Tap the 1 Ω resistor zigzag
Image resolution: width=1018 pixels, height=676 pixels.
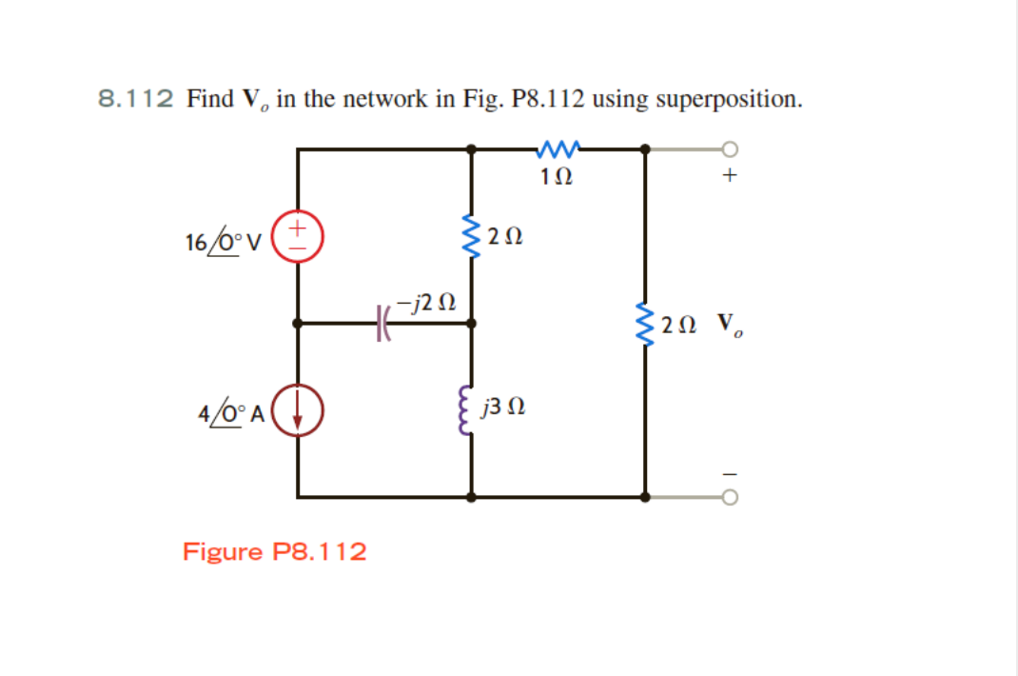tap(557, 149)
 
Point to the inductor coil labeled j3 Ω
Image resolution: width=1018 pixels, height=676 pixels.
tap(470, 410)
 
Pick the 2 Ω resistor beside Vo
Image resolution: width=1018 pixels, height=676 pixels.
tap(646, 324)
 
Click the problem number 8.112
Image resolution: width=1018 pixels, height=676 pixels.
tap(136, 99)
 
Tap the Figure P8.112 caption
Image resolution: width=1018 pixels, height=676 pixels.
tap(275, 551)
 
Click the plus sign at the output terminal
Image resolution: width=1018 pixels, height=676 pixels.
tap(731, 176)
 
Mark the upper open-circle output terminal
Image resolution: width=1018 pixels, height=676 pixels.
tap(731, 149)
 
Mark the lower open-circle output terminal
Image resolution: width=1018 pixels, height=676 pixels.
tap(731, 496)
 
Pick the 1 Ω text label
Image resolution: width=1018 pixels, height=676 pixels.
tap(556, 176)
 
